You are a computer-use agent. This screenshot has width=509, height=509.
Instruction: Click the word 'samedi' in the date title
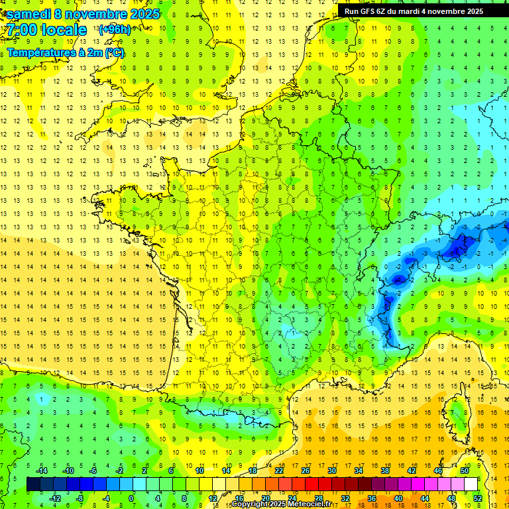[28, 14]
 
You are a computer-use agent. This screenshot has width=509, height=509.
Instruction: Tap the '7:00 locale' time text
[46, 30]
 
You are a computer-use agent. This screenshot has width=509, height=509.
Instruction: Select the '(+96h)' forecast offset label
[115, 30]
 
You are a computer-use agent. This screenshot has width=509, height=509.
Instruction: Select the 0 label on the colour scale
[131, 498]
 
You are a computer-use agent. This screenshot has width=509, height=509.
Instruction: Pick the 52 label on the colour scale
[478, 498]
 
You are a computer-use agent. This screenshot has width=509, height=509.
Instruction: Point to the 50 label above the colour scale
[465, 471]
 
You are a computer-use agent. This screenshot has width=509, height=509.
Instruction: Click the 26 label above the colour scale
[306, 471]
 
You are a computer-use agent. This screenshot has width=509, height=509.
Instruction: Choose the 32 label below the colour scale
[345, 498]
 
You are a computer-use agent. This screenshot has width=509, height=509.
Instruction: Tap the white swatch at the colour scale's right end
[471, 484]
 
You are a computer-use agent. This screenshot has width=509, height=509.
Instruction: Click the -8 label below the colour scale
[79, 498]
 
